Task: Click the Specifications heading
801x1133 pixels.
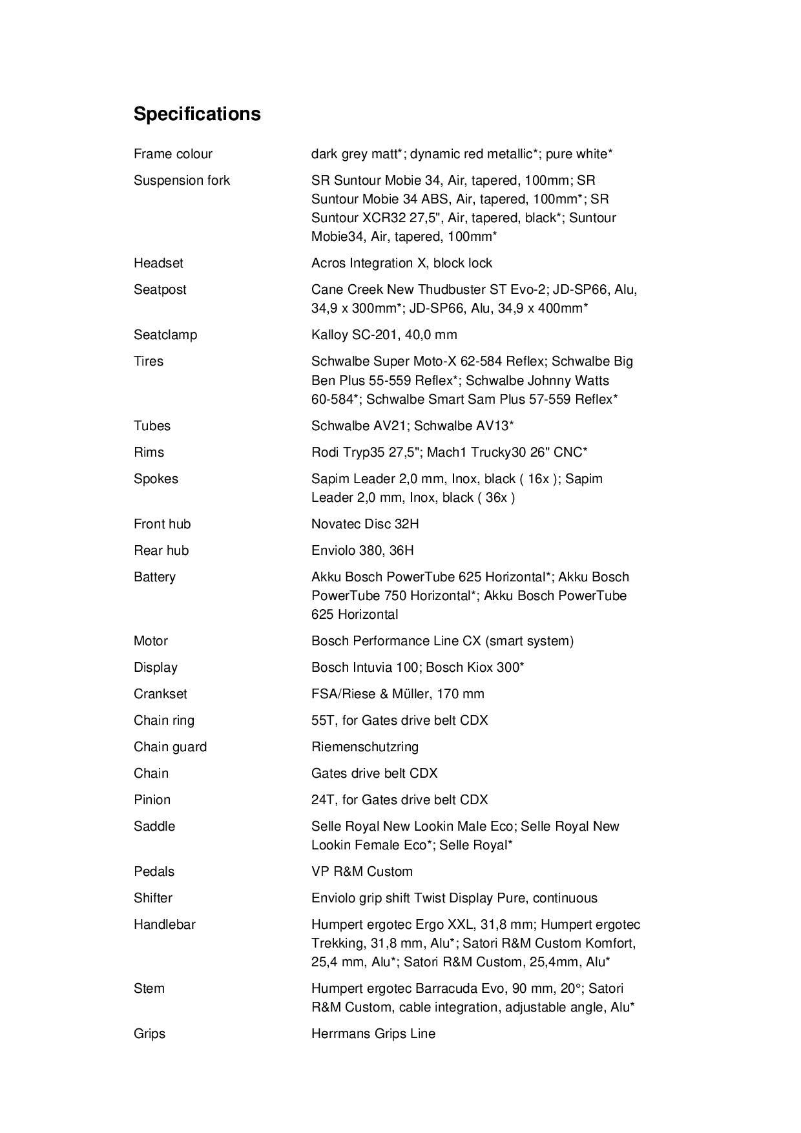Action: [x=197, y=114]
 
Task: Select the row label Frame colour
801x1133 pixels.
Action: [x=172, y=154]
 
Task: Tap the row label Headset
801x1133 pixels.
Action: [x=158, y=263]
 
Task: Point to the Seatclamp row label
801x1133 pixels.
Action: [x=165, y=335]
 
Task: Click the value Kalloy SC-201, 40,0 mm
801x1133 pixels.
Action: [x=384, y=335]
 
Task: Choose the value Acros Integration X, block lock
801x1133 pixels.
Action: [x=401, y=263]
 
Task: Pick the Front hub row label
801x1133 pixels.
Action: [x=162, y=524]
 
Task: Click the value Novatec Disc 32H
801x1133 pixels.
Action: [x=365, y=524]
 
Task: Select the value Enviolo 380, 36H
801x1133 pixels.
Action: [x=362, y=550]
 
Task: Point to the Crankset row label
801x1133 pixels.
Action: [x=160, y=694]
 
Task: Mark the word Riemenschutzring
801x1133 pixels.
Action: [x=364, y=747]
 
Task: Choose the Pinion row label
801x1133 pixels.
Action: [x=152, y=800]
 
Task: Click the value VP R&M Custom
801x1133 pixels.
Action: [x=362, y=871]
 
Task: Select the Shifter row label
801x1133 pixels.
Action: [x=153, y=898]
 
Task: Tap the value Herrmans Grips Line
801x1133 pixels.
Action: [x=373, y=1034]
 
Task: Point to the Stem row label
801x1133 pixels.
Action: [x=149, y=988]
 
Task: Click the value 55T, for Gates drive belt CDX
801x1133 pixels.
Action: [x=399, y=720]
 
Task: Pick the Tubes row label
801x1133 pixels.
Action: [x=152, y=426]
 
